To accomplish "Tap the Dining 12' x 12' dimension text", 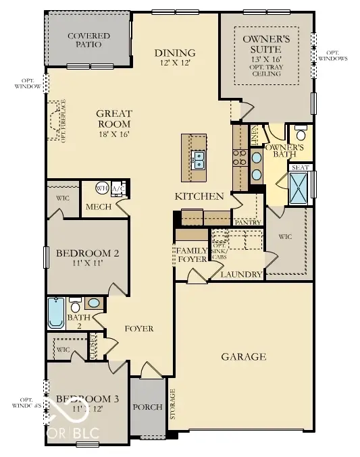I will (174, 63).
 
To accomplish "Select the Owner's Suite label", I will (267, 44).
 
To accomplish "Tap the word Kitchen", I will (199, 196).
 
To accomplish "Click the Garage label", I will (243, 356).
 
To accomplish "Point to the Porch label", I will (148, 406).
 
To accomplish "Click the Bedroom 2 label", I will (87, 254).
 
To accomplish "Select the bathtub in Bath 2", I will (55, 313).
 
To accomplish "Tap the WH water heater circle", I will (102, 188).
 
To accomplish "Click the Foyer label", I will (138, 329).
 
